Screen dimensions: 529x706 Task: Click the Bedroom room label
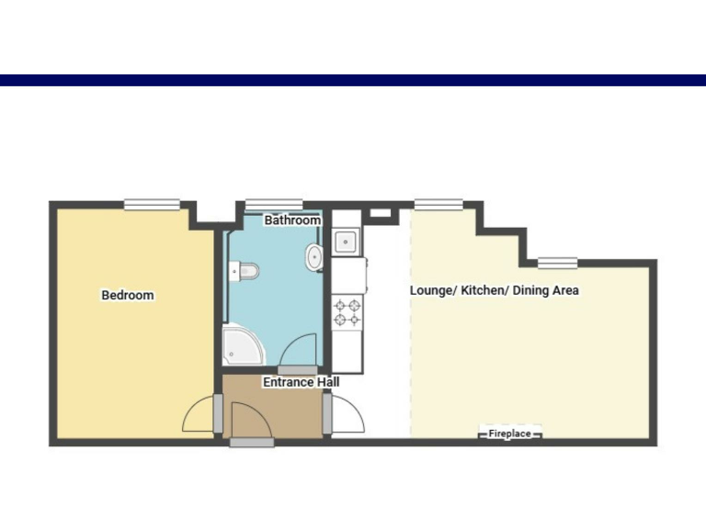tap(128, 296)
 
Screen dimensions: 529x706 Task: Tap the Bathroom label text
tap(292, 220)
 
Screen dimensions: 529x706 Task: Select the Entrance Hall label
tap(302, 382)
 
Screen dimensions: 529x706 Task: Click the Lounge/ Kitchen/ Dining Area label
tap(494, 290)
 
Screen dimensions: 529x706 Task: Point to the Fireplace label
tap(509, 433)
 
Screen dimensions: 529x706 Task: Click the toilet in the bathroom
tap(245, 270)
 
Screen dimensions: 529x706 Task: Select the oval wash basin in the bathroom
tap(314, 257)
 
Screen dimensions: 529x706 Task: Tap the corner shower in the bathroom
tap(243, 346)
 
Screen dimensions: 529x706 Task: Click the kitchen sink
tap(347, 242)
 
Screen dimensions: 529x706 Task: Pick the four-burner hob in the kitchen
tap(347, 311)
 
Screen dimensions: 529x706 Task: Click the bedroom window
tap(152, 205)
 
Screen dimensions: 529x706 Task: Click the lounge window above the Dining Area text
tap(557, 263)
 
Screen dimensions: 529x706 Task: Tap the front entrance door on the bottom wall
tap(252, 442)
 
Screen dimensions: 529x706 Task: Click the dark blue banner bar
tap(353, 81)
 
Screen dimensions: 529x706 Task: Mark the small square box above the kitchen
tap(379, 213)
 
